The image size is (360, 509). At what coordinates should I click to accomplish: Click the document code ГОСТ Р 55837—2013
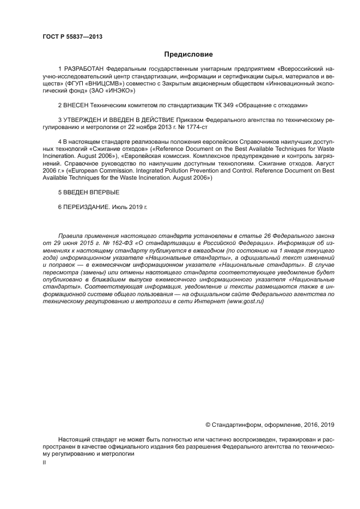72,37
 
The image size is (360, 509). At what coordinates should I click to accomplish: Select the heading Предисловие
188,54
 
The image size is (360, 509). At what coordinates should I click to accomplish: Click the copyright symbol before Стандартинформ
208,424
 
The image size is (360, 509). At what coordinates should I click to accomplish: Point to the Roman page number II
44,461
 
